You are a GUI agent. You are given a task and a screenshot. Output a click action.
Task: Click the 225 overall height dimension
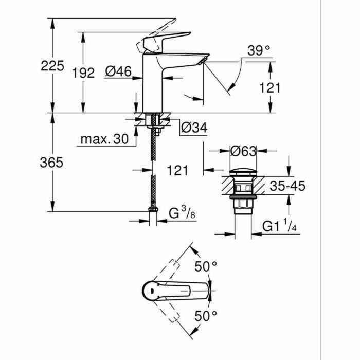(53, 66)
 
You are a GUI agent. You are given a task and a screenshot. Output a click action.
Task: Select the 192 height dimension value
(83, 73)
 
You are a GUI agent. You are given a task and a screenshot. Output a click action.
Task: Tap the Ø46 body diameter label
(118, 73)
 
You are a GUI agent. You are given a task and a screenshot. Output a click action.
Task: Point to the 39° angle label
(259, 51)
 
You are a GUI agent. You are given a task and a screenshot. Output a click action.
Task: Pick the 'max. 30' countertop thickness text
(104, 139)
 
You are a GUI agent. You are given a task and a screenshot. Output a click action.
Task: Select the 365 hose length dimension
(51, 163)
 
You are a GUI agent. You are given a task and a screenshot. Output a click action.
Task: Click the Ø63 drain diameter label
(243, 151)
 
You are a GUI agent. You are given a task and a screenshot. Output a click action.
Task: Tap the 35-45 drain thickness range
(288, 186)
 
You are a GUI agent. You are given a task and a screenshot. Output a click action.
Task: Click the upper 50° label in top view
(206, 266)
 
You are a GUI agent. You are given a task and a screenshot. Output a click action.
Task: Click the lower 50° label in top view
(206, 315)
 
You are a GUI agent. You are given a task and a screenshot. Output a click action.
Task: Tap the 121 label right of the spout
(271, 88)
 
